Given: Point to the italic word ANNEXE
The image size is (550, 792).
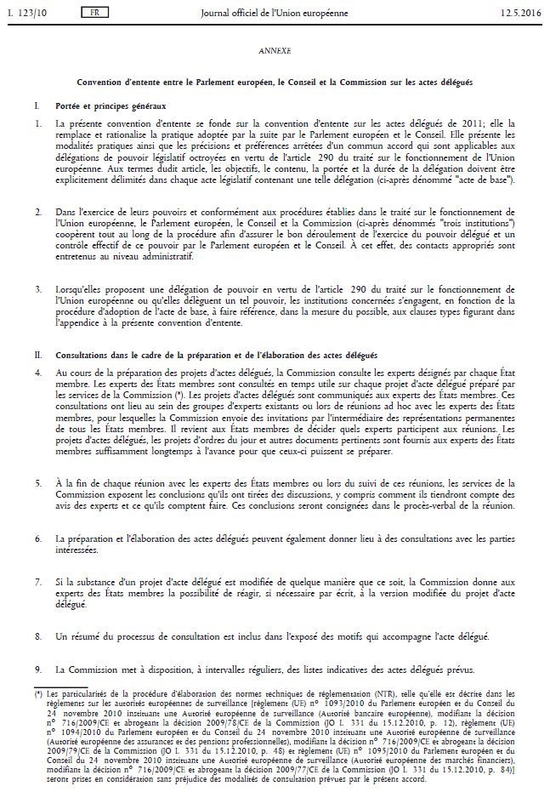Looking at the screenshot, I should [274, 51].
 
